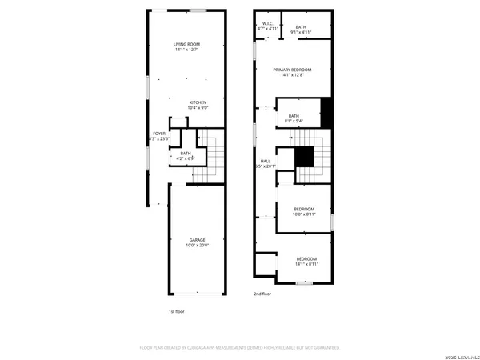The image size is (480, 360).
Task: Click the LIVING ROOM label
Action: [x=186, y=44]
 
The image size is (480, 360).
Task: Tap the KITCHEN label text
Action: [x=198, y=102]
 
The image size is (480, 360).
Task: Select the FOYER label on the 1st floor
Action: [x=159, y=133]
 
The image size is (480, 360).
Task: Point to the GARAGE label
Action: [x=197, y=240]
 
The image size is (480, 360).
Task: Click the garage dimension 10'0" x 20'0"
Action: [x=197, y=246]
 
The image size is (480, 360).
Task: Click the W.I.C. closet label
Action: [x=268, y=24]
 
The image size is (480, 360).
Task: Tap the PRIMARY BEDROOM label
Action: [x=292, y=70]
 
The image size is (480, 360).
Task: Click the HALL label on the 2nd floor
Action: [x=266, y=162]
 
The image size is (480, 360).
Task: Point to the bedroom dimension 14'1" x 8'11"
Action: [x=306, y=264]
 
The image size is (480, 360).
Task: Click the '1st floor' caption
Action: [x=176, y=310]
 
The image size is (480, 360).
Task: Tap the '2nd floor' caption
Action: [x=263, y=294]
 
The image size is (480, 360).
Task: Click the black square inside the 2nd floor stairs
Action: [x=304, y=157]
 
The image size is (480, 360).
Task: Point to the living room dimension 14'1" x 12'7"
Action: [x=186, y=50]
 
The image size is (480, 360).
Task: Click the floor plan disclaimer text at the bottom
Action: [x=240, y=348]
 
